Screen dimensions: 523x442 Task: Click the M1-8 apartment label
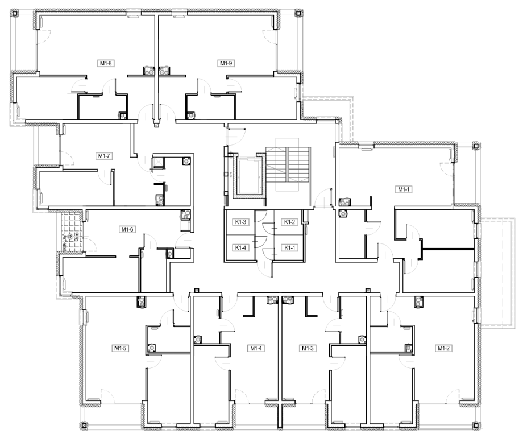click(x=106, y=63)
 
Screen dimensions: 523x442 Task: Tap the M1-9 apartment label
click(x=226, y=63)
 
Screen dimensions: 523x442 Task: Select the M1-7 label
click(x=104, y=156)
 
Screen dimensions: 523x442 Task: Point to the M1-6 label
click(x=127, y=229)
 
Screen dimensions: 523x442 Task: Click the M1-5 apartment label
click(x=121, y=348)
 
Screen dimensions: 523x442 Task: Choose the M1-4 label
click(x=256, y=348)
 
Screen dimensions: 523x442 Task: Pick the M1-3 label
click(x=308, y=348)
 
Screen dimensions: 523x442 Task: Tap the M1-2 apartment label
click(x=443, y=348)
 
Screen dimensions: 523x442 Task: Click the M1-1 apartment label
click(x=404, y=189)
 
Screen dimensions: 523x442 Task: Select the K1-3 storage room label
click(x=240, y=222)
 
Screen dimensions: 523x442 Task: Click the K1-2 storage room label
click(x=289, y=222)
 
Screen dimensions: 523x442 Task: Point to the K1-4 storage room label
click(x=240, y=247)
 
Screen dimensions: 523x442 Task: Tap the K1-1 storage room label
click(x=289, y=247)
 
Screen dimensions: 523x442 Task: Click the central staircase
click(x=288, y=170)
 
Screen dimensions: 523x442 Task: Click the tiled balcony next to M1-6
click(x=70, y=231)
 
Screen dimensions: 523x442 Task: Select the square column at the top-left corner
click(x=14, y=13)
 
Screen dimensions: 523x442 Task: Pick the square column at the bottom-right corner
click(x=476, y=426)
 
